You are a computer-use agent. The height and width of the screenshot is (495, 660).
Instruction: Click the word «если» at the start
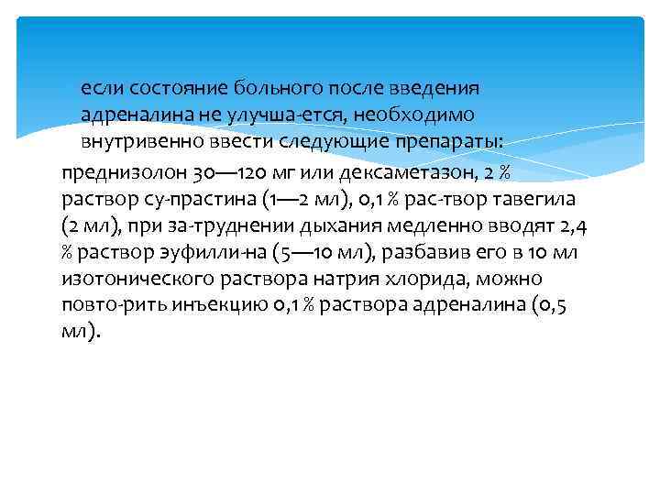101,89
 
